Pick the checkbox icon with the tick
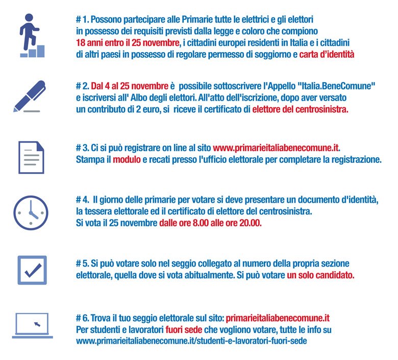point(32,270)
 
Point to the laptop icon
point(32,325)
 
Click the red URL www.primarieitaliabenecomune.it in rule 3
point(276,148)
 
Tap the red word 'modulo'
point(126,159)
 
